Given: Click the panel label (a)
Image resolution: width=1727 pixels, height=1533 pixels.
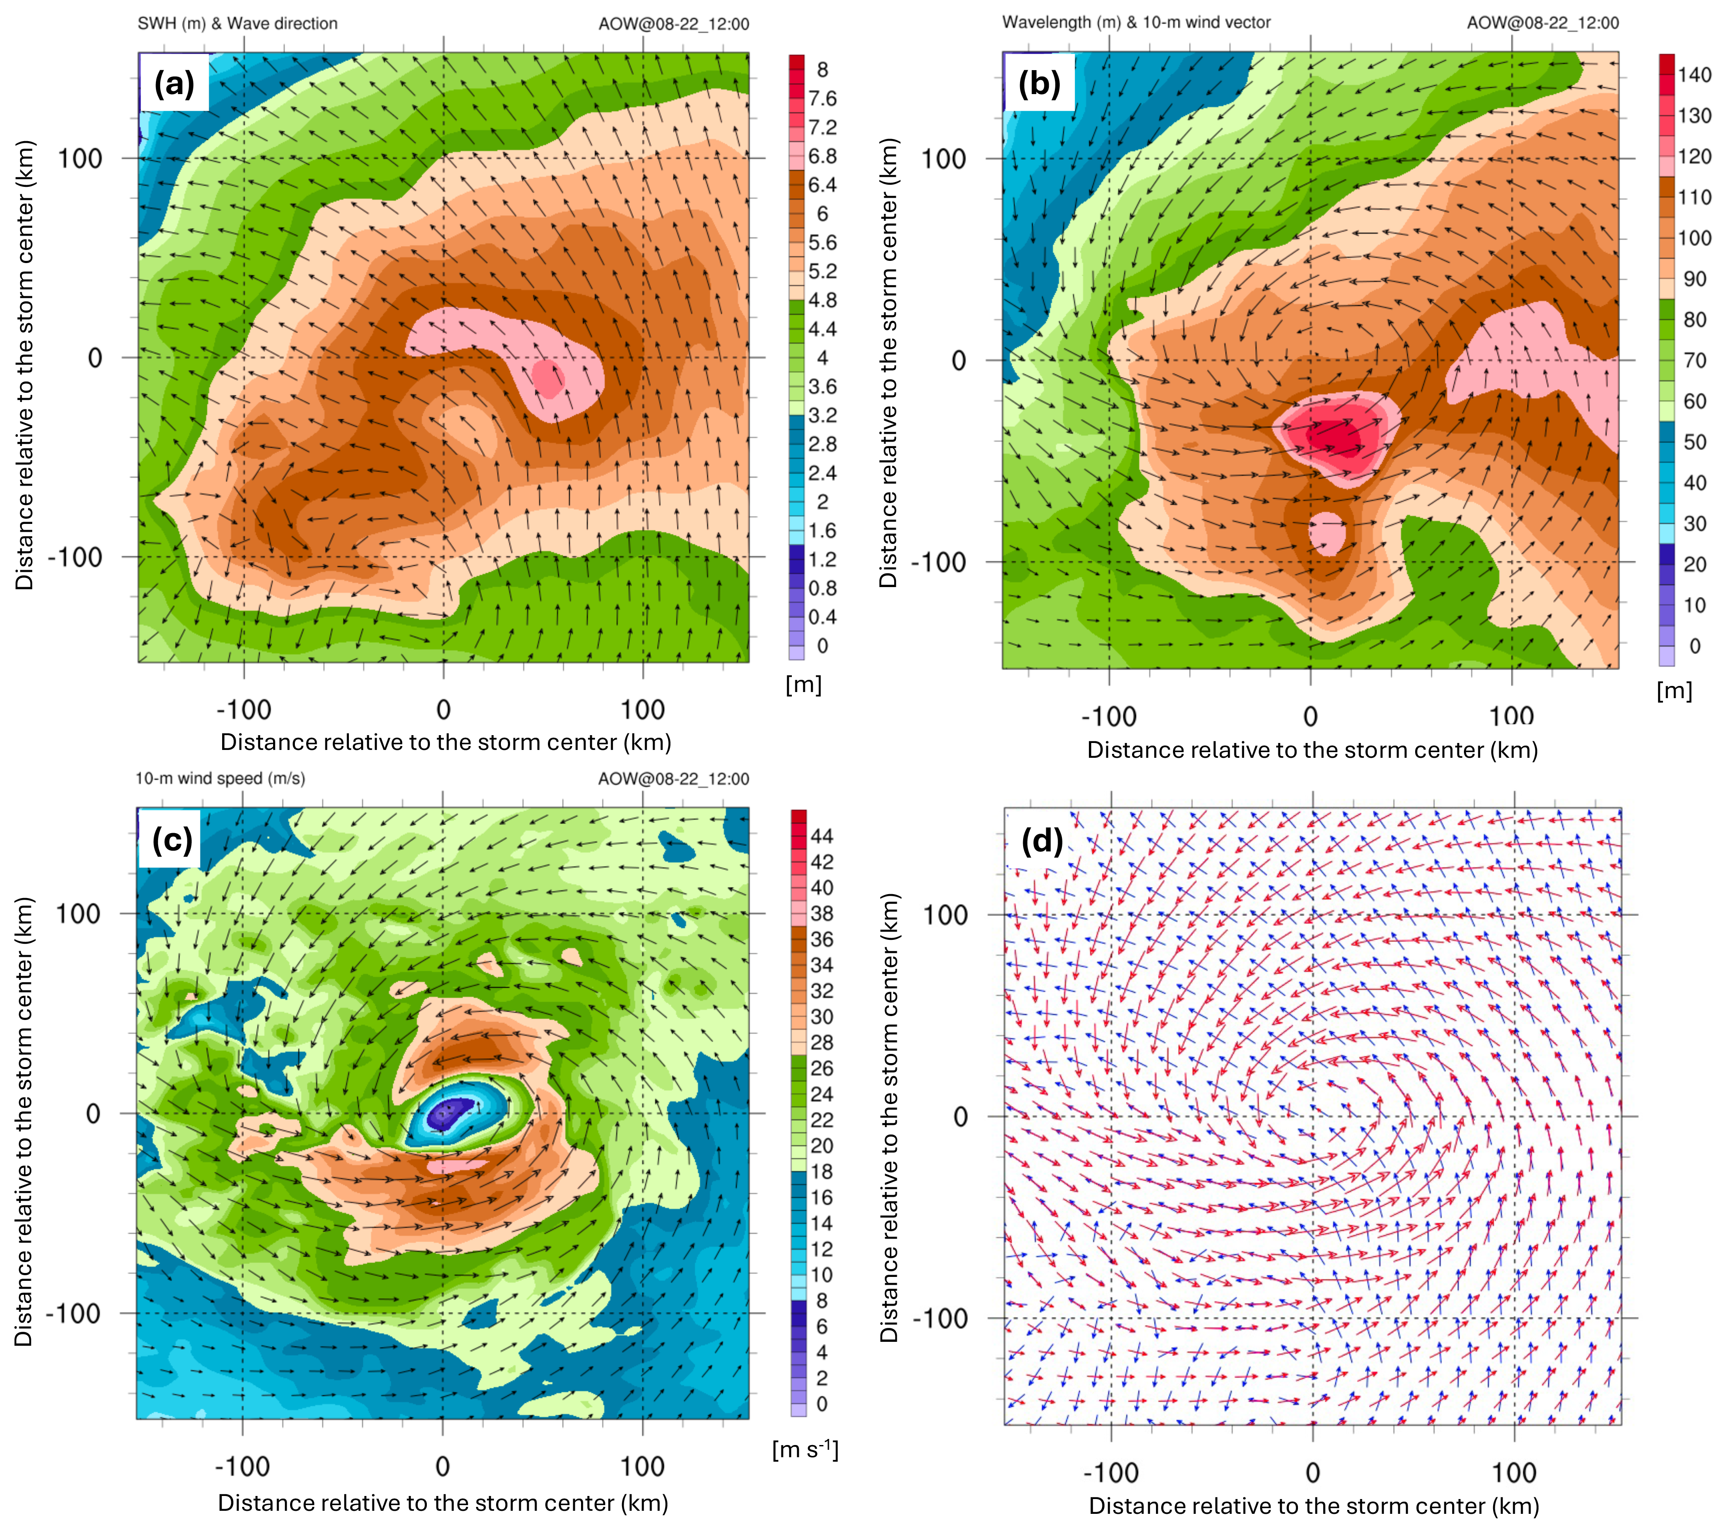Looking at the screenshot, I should click(174, 84).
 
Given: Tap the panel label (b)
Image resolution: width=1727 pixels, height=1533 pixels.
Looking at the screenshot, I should click(1039, 84).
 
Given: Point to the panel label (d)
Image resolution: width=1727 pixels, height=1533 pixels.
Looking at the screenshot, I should click(1042, 841).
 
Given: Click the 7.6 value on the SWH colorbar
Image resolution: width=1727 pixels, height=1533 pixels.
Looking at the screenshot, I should click(821, 99).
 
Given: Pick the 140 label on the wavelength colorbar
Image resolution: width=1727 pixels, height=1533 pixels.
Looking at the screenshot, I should click(1694, 75).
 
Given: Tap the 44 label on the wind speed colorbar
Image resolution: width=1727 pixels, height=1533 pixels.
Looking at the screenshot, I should click(821, 836).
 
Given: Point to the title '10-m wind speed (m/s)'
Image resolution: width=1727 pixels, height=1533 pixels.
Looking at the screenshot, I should click(220, 778).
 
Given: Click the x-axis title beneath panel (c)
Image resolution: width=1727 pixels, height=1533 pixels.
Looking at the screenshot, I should click(443, 1503).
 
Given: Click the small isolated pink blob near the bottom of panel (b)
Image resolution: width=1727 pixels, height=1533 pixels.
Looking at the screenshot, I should click(1327, 533).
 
